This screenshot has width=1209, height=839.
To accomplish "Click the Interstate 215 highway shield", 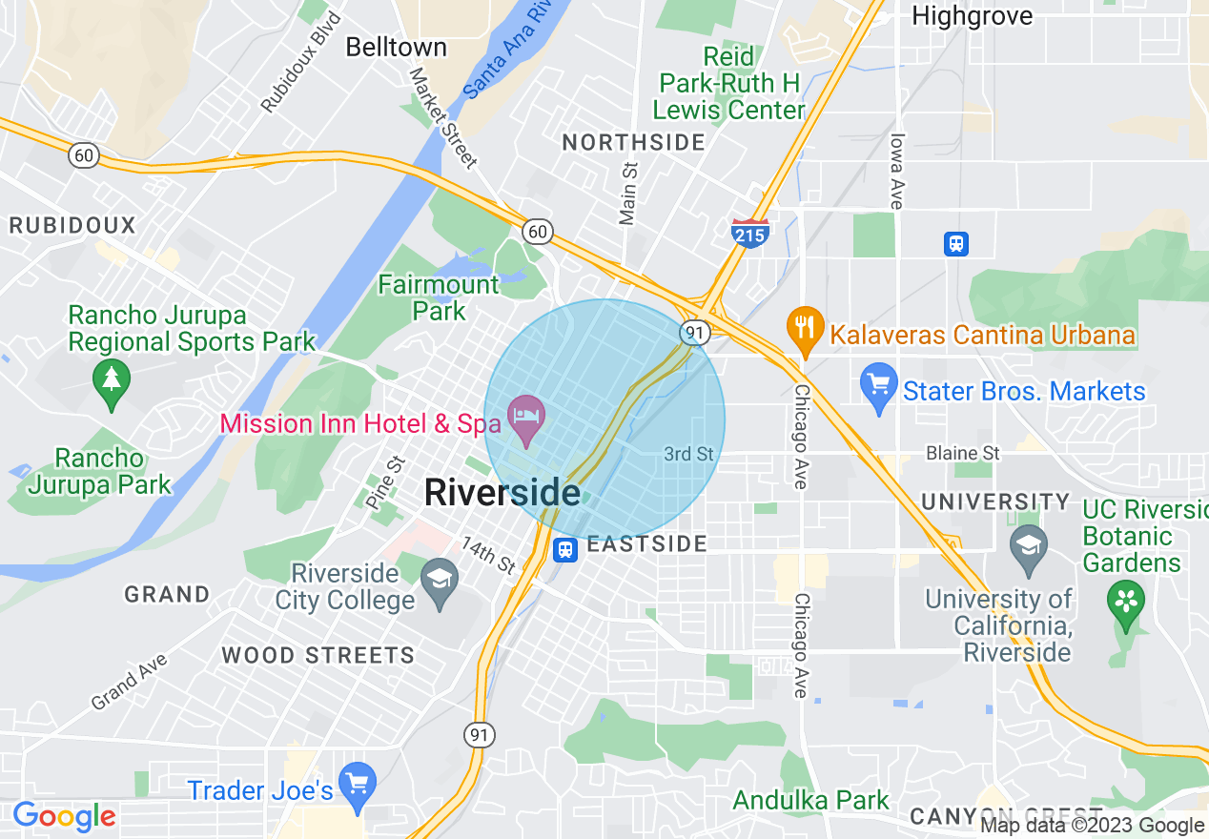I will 750,233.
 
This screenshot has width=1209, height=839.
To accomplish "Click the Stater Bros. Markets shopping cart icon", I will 879,386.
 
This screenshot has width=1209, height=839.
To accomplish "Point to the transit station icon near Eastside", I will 565,548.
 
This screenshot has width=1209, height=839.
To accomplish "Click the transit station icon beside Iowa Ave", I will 956,243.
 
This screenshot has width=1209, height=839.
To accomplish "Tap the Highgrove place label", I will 972,15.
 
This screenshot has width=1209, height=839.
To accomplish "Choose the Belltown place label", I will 396,47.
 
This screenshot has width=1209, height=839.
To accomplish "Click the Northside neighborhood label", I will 633,143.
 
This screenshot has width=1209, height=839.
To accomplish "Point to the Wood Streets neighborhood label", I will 318,655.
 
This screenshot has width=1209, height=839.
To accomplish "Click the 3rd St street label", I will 688,454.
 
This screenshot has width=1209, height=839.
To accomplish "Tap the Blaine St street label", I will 963,453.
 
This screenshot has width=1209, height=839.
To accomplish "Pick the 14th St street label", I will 488,554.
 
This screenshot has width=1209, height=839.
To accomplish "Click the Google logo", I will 64,816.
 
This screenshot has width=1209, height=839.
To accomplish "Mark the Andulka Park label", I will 810,800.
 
